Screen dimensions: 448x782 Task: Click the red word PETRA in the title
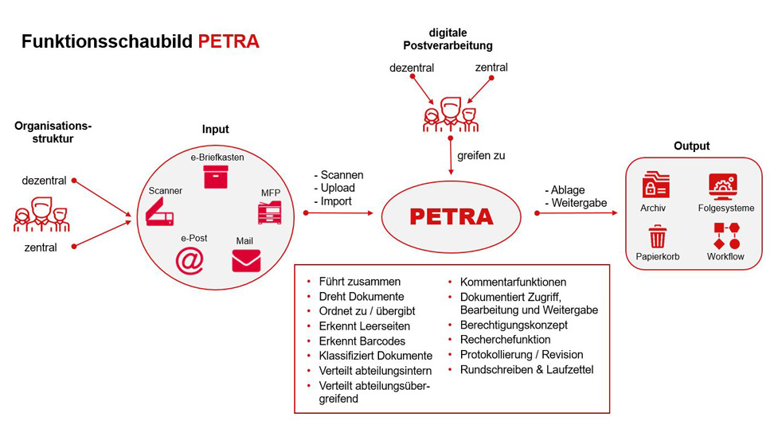tap(229, 41)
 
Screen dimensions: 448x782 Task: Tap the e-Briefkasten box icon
tap(216, 177)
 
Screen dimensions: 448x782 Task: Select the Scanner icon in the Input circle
tap(159, 211)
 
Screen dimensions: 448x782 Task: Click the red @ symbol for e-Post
tap(190, 259)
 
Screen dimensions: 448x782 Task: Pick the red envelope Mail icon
tap(246, 261)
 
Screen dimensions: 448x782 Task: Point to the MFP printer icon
tap(269, 212)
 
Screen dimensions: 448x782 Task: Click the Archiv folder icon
tap(656, 185)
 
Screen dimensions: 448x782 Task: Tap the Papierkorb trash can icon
tap(657, 236)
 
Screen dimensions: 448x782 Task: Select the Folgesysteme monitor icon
tap(723, 186)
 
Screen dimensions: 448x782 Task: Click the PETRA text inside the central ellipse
tap(451, 216)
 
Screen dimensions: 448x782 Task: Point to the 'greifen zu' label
tap(481, 156)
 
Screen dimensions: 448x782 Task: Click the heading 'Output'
tap(691, 146)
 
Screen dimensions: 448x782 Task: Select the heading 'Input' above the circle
tap(215, 129)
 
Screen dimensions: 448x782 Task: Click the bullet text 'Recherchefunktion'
tap(505, 340)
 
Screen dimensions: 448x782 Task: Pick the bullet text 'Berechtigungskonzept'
tap(514, 325)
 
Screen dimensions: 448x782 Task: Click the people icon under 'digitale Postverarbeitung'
tap(451, 115)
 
